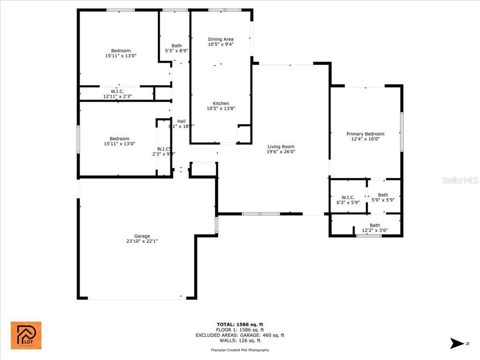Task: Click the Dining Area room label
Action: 221,39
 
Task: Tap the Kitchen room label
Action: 221,104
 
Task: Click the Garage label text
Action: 142,236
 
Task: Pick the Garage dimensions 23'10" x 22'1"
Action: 142,241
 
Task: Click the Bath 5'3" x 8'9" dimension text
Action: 176,51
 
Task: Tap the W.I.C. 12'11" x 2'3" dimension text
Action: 117,96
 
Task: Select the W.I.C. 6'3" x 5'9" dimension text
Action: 347,202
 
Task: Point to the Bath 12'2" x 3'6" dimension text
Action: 375,230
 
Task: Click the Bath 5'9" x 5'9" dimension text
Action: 383,200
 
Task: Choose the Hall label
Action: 181,121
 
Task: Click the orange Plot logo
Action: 26,335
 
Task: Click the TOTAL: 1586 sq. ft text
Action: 240,324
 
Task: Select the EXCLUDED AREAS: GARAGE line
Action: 240,335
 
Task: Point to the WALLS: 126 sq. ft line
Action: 240,340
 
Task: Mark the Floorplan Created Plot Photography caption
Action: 240,350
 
